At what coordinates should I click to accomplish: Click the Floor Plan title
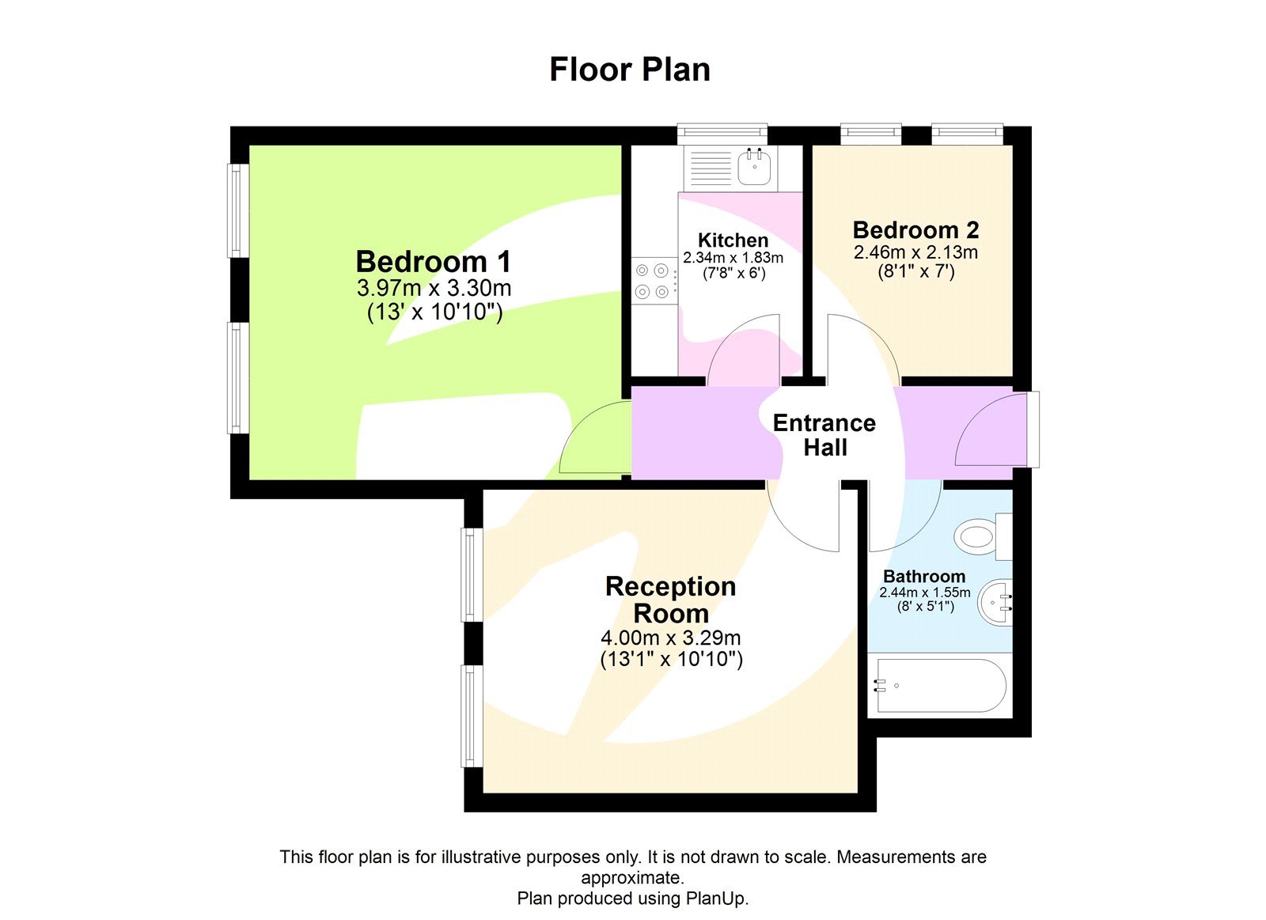(630, 70)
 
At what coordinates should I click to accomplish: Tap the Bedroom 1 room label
(434, 262)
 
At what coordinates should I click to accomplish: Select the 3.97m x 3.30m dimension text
(434, 287)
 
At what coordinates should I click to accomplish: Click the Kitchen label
(733, 240)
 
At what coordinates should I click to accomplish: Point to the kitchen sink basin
(755, 167)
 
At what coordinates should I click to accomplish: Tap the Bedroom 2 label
(915, 230)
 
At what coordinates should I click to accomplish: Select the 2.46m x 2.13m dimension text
(915, 252)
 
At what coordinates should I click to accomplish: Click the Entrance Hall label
(824, 435)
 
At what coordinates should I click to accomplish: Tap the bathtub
(939, 686)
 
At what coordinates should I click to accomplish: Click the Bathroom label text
(924, 577)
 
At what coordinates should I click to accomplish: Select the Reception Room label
(671, 600)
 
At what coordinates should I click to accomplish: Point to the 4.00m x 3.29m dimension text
(671, 638)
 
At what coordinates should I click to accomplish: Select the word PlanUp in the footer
(715, 899)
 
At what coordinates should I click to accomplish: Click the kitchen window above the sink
(722, 132)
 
